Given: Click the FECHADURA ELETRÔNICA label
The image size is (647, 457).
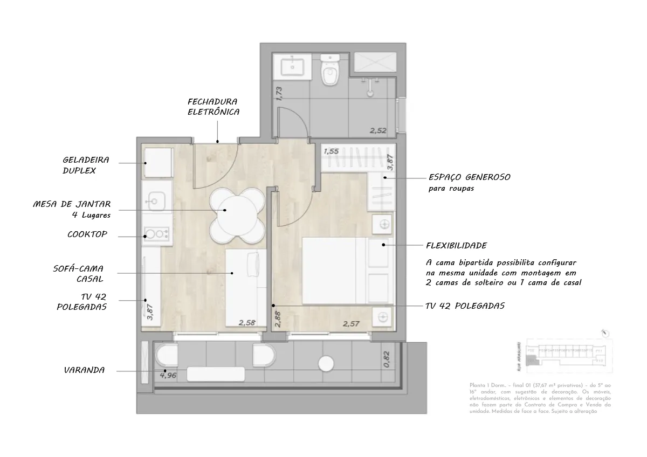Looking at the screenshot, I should pos(213,107).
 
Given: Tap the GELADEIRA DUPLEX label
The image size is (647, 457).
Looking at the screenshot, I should pos(86,165).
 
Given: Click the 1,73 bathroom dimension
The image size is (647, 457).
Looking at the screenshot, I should pos(279,93).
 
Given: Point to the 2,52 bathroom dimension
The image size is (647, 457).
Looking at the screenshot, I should pos(378,130).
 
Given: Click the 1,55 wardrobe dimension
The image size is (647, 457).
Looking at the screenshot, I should pos(331,151).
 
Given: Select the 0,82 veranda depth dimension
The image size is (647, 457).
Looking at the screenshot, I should pos(386,359).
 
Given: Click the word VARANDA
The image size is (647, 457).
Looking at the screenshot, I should pos(84,371).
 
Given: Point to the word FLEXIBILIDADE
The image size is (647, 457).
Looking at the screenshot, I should pos(456,246).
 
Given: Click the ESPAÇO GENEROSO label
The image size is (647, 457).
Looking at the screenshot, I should pos(469,177).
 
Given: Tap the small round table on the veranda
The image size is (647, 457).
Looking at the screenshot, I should pos(327,364).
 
